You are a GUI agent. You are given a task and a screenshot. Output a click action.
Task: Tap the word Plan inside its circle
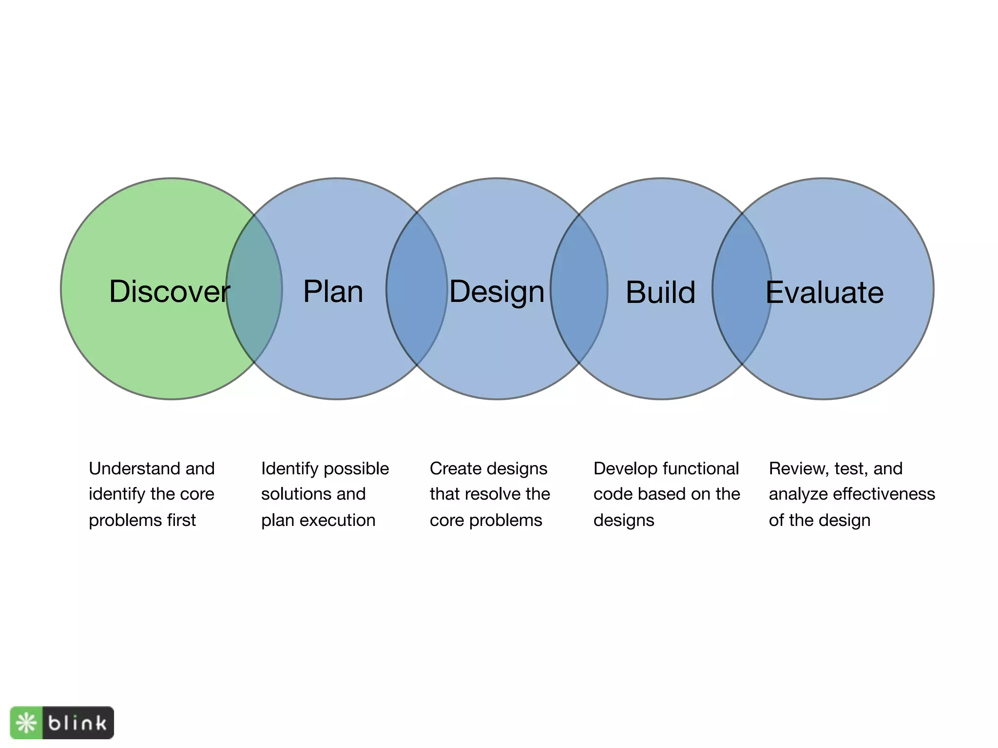point(333,292)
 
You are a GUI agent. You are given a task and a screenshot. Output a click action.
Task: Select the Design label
point(497,292)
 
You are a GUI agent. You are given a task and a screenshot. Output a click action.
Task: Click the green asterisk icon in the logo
point(26,723)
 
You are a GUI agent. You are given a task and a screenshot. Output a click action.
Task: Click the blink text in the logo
point(77,723)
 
